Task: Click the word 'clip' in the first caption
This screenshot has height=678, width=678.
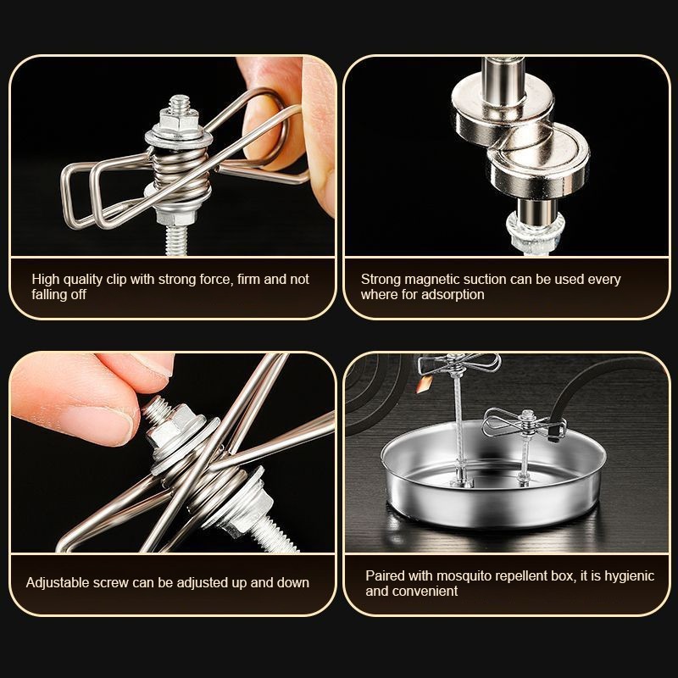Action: (117, 280)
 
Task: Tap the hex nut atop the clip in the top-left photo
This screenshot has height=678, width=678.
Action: (179, 119)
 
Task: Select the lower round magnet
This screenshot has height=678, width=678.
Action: (538, 161)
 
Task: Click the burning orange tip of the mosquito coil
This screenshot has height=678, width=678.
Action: (425, 384)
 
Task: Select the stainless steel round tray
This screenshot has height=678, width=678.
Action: (493, 474)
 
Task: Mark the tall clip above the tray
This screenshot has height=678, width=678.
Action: (458, 364)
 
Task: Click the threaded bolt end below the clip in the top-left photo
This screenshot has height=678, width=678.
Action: (176, 240)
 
